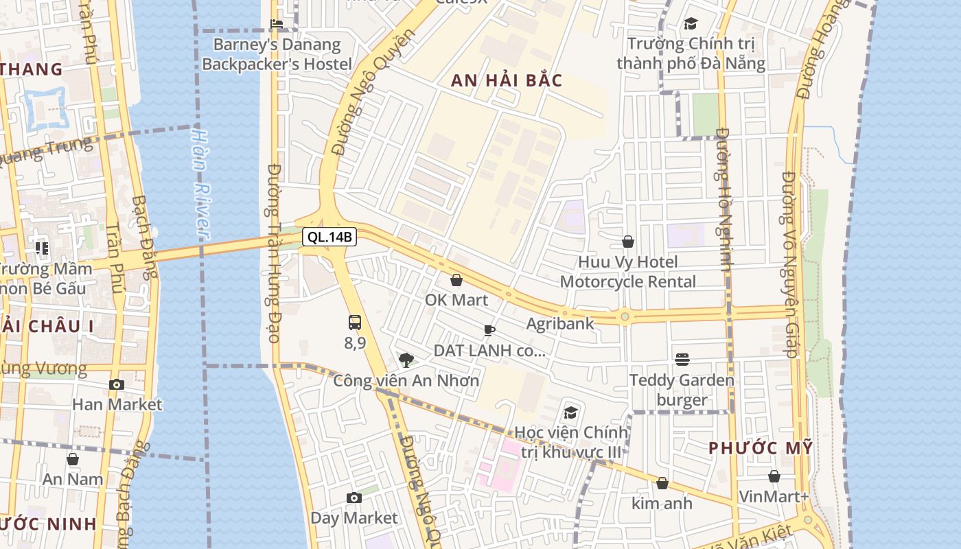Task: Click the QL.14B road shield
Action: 329,237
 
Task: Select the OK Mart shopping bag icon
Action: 456,280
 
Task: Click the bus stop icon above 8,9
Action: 355,323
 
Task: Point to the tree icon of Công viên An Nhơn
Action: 406,360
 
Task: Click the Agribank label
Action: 560,323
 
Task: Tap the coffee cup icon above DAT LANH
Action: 489,330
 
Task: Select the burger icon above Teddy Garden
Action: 682,359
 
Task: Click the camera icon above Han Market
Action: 117,384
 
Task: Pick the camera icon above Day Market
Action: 354,498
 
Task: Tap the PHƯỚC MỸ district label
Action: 761,448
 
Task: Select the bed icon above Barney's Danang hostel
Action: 277,24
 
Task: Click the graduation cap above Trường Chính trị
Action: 691,24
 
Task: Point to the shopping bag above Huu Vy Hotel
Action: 628,242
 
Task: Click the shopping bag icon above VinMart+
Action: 774,476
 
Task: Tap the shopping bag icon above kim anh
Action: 662,484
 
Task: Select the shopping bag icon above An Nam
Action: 73,459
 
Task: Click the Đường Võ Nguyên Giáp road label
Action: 789,264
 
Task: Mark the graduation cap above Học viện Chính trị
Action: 570,412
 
